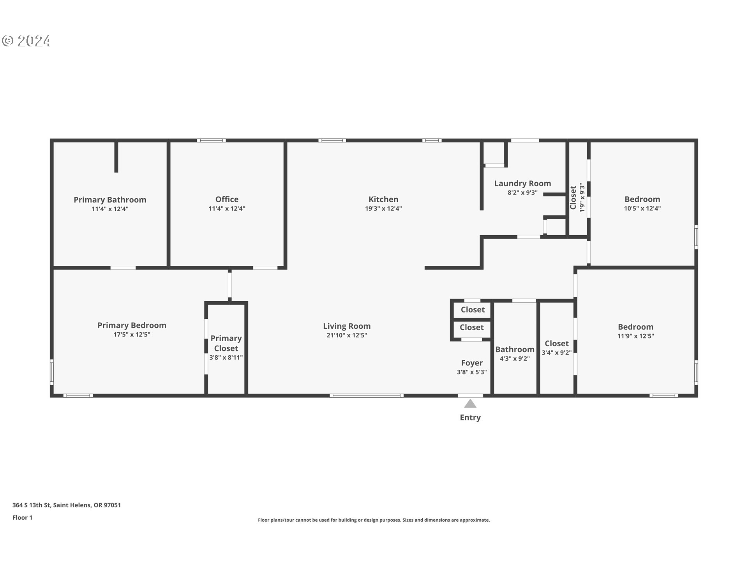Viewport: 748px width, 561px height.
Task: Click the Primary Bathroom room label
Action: (110, 200)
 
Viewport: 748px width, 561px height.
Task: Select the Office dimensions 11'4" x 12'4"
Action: (227, 209)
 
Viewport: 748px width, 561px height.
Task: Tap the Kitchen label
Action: (383, 199)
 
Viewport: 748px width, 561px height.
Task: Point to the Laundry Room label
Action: (522, 183)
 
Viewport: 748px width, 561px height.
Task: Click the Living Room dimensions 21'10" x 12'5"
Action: (347, 335)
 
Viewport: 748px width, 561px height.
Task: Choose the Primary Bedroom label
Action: (132, 325)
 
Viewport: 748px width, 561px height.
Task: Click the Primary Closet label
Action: (226, 343)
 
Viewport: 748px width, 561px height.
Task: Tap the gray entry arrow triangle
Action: (470, 404)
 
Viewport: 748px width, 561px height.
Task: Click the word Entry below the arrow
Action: (470, 418)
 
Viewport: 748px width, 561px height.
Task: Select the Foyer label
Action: (472, 363)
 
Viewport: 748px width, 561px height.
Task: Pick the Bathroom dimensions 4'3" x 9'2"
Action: (515, 359)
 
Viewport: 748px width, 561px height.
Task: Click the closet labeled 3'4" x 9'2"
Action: (556, 348)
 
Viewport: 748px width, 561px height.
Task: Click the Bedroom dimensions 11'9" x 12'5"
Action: (635, 336)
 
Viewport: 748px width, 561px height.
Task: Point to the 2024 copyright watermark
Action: (26, 41)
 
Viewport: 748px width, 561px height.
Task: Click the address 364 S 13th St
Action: (67, 505)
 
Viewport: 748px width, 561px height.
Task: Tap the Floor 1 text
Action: (23, 518)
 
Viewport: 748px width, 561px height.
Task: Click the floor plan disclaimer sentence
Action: (374, 520)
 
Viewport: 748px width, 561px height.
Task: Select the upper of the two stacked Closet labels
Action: (473, 310)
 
